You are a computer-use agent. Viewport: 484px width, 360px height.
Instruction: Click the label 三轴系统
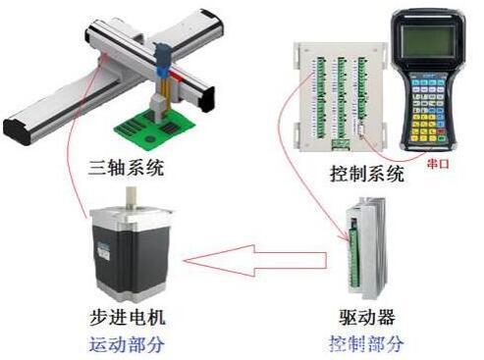[x=126, y=168]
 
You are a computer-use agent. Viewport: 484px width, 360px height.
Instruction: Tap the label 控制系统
[x=367, y=174]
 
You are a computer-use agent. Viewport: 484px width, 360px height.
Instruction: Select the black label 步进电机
[x=128, y=317]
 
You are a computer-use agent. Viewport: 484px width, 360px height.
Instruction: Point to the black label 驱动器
[x=367, y=317]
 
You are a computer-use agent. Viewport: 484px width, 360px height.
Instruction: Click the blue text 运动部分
[x=128, y=344]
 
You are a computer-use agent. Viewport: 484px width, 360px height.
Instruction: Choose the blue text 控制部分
[x=366, y=343]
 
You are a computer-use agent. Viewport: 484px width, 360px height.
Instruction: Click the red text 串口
[x=438, y=163]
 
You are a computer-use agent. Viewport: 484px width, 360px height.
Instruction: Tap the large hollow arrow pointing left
[x=255, y=261]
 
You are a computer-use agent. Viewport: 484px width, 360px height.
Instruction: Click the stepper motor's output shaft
[x=132, y=197]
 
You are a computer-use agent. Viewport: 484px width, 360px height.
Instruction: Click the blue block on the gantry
[x=162, y=71]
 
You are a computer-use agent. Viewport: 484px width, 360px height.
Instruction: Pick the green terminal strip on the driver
[x=353, y=254]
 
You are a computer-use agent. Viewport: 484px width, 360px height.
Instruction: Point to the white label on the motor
[x=102, y=251]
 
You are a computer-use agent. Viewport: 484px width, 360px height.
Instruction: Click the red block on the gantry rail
[x=176, y=77]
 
